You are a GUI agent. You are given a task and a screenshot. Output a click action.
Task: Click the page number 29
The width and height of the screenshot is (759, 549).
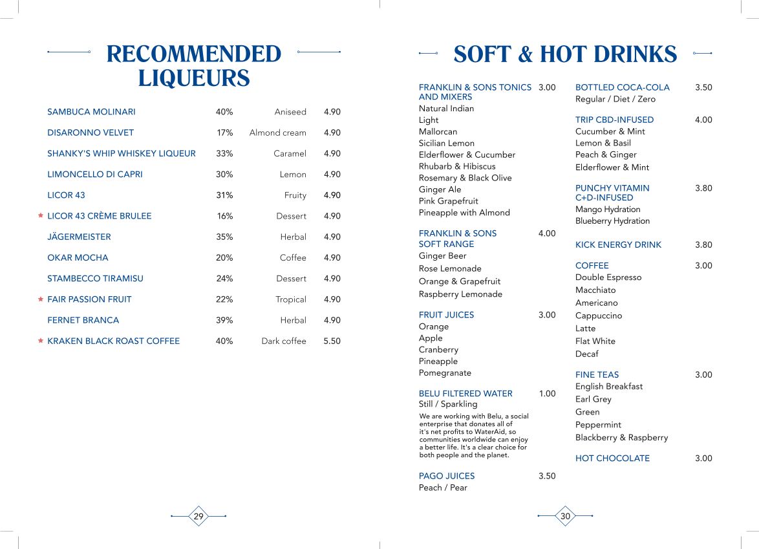click(198, 516)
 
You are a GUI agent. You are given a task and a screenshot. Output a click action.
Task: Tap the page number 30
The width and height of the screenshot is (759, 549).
click(565, 516)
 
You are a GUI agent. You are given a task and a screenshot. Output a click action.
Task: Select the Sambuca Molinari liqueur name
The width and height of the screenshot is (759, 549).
click(91, 112)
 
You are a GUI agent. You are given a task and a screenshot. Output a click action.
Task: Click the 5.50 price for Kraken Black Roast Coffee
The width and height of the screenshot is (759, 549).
click(332, 341)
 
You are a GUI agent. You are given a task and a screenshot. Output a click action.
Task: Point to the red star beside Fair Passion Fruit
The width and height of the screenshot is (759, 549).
click(41, 299)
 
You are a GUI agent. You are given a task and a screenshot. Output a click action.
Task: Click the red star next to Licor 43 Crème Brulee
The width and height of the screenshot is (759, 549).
click(41, 216)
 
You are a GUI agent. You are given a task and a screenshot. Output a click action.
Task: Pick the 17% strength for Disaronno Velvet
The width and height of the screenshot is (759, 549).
click(224, 133)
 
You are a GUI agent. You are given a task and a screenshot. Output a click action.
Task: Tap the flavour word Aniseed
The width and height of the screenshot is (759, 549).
click(290, 112)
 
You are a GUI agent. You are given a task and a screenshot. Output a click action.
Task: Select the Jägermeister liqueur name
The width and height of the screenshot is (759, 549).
click(79, 237)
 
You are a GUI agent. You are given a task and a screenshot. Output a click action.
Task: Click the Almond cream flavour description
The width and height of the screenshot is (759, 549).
click(277, 133)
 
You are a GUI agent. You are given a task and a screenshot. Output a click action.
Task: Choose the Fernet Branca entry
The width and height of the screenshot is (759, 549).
click(83, 320)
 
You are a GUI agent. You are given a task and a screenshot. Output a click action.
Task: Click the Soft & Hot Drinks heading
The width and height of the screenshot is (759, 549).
click(565, 54)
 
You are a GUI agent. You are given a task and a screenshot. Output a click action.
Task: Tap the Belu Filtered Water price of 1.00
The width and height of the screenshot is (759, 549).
click(547, 393)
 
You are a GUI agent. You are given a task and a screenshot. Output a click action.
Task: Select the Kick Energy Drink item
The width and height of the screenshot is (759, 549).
click(618, 244)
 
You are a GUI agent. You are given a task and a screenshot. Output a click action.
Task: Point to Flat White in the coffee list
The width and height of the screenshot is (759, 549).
click(595, 341)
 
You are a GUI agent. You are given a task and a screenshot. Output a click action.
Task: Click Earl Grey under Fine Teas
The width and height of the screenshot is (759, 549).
click(593, 399)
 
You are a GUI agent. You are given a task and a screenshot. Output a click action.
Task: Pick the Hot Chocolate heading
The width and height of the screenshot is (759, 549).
click(612, 458)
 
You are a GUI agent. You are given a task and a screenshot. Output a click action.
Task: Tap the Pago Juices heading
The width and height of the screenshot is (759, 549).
click(446, 476)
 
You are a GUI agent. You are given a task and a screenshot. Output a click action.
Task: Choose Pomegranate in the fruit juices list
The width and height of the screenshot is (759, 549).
click(445, 372)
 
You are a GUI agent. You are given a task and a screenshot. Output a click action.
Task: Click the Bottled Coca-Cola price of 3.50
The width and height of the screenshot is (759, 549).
click(703, 87)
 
